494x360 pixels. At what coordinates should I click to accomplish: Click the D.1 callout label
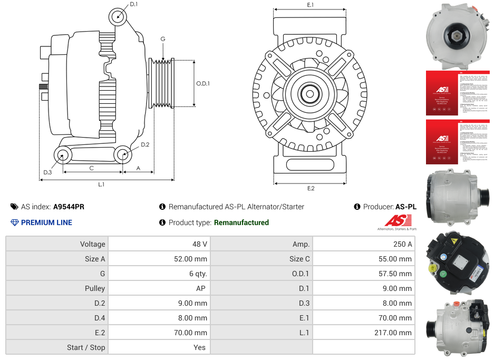click(133, 4)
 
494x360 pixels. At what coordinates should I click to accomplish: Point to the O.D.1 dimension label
click(203, 83)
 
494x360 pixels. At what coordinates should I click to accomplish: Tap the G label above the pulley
click(163, 39)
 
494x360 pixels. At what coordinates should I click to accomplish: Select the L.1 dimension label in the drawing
click(101, 184)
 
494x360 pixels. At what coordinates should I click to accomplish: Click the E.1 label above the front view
click(311, 5)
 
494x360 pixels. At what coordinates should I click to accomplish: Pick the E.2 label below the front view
click(311, 189)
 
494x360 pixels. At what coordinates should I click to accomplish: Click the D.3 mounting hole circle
click(63, 155)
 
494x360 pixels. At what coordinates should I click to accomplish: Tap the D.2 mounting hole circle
click(123, 155)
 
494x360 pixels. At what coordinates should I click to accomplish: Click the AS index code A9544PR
click(69, 207)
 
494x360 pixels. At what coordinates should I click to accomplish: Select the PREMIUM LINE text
click(46, 222)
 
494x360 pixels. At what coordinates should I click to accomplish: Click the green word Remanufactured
click(241, 222)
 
